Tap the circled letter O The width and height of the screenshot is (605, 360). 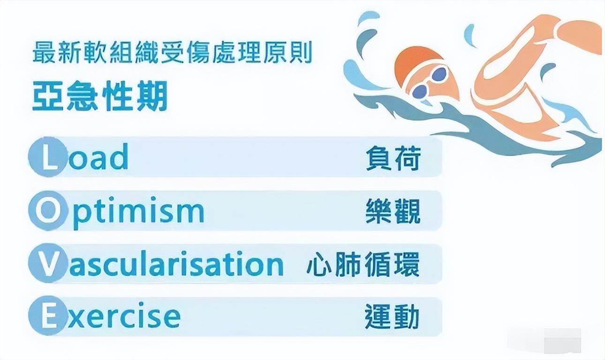pyautogui.click(x=47, y=211)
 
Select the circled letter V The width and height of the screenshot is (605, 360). pyautogui.click(x=47, y=263)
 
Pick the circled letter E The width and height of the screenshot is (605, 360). pyautogui.click(x=47, y=316)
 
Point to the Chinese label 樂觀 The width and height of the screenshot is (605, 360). pyautogui.click(x=393, y=211)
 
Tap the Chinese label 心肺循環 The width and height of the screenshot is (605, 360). pyautogui.click(x=363, y=264)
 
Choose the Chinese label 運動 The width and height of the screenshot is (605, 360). pyautogui.click(x=392, y=316)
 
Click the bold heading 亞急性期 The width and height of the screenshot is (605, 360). pyautogui.click(x=100, y=96)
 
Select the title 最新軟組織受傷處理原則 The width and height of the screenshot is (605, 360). pyautogui.click(x=172, y=52)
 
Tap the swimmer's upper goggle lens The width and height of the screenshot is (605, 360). pyautogui.click(x=439, y=74)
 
